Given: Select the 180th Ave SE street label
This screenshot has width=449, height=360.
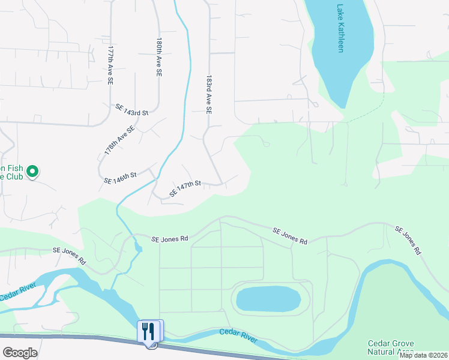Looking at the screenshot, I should point(159,58).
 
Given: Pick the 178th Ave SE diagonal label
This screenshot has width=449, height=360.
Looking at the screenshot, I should point(119,141).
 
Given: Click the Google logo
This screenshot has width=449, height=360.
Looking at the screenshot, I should point(20,352).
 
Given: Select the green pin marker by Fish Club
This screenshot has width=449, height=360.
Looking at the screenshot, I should point(34,172).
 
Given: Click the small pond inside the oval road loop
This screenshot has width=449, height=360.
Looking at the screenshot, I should point(268,298).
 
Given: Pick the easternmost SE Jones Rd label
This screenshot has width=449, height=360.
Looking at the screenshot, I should point(408,241).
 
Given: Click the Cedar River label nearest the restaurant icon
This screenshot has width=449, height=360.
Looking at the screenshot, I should point(238,335).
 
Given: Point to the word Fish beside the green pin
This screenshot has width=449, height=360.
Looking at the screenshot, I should point(13,169).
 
